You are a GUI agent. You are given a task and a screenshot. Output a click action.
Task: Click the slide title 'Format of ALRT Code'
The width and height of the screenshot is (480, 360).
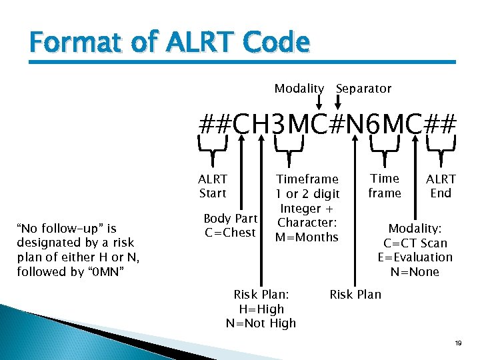click(169, 43)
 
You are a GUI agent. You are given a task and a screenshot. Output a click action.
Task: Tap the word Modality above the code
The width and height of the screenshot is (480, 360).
click(299, 89)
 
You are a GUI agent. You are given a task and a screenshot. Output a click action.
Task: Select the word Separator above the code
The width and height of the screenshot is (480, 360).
click(363, 89)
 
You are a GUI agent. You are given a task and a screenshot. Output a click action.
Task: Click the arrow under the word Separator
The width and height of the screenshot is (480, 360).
click(338, 101)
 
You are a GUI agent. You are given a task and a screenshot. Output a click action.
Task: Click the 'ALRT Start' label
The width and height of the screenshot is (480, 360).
click(213, 186)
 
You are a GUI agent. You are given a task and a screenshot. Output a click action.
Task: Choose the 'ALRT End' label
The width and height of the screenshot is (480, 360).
click(441, 186)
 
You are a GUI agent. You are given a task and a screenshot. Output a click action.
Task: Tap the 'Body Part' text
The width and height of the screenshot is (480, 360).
click(230, 219)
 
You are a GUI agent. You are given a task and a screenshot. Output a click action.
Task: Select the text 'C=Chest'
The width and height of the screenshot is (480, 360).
click(230, 233)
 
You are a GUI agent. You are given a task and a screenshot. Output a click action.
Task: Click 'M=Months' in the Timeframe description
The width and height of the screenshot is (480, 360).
click(307, 237)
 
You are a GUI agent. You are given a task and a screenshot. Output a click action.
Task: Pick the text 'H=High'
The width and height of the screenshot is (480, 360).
click(261, 309)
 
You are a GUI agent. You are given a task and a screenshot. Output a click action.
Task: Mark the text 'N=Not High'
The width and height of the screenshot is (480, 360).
click(261, 323)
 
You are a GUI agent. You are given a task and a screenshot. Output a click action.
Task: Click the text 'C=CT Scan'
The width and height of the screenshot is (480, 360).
click(415, 243)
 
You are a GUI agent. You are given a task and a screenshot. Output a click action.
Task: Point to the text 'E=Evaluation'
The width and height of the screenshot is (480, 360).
click(415, 257)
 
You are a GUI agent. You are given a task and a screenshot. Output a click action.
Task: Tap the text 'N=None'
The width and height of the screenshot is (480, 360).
click(415, 272)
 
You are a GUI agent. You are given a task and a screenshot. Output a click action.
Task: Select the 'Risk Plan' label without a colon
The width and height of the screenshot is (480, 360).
click(355, 295)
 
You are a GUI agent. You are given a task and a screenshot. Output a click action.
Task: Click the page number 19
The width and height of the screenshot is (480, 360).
click(458, 343)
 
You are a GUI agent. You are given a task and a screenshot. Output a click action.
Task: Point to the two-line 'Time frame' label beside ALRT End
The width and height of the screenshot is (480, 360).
click(385, 186)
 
